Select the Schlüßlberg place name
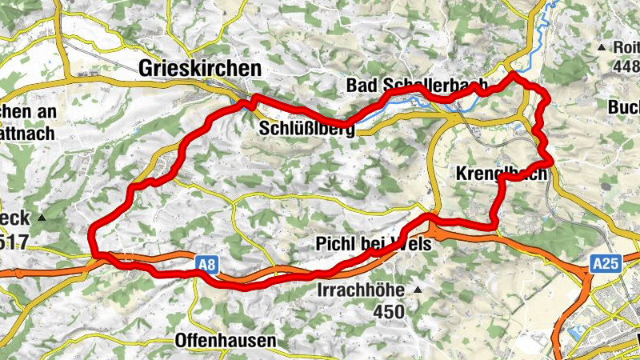[307, 128]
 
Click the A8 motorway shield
[206, 263]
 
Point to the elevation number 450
[389, 308]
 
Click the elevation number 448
[624, 67]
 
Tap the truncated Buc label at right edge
[623, 107]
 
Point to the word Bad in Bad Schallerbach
[361, 86]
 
